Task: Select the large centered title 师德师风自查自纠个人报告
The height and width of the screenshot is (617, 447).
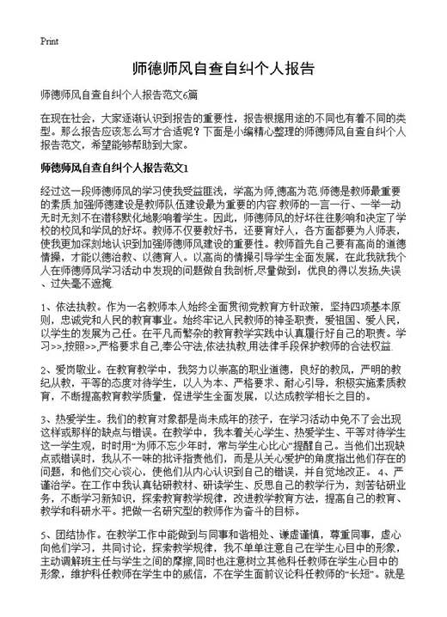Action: tap(223, 67)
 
